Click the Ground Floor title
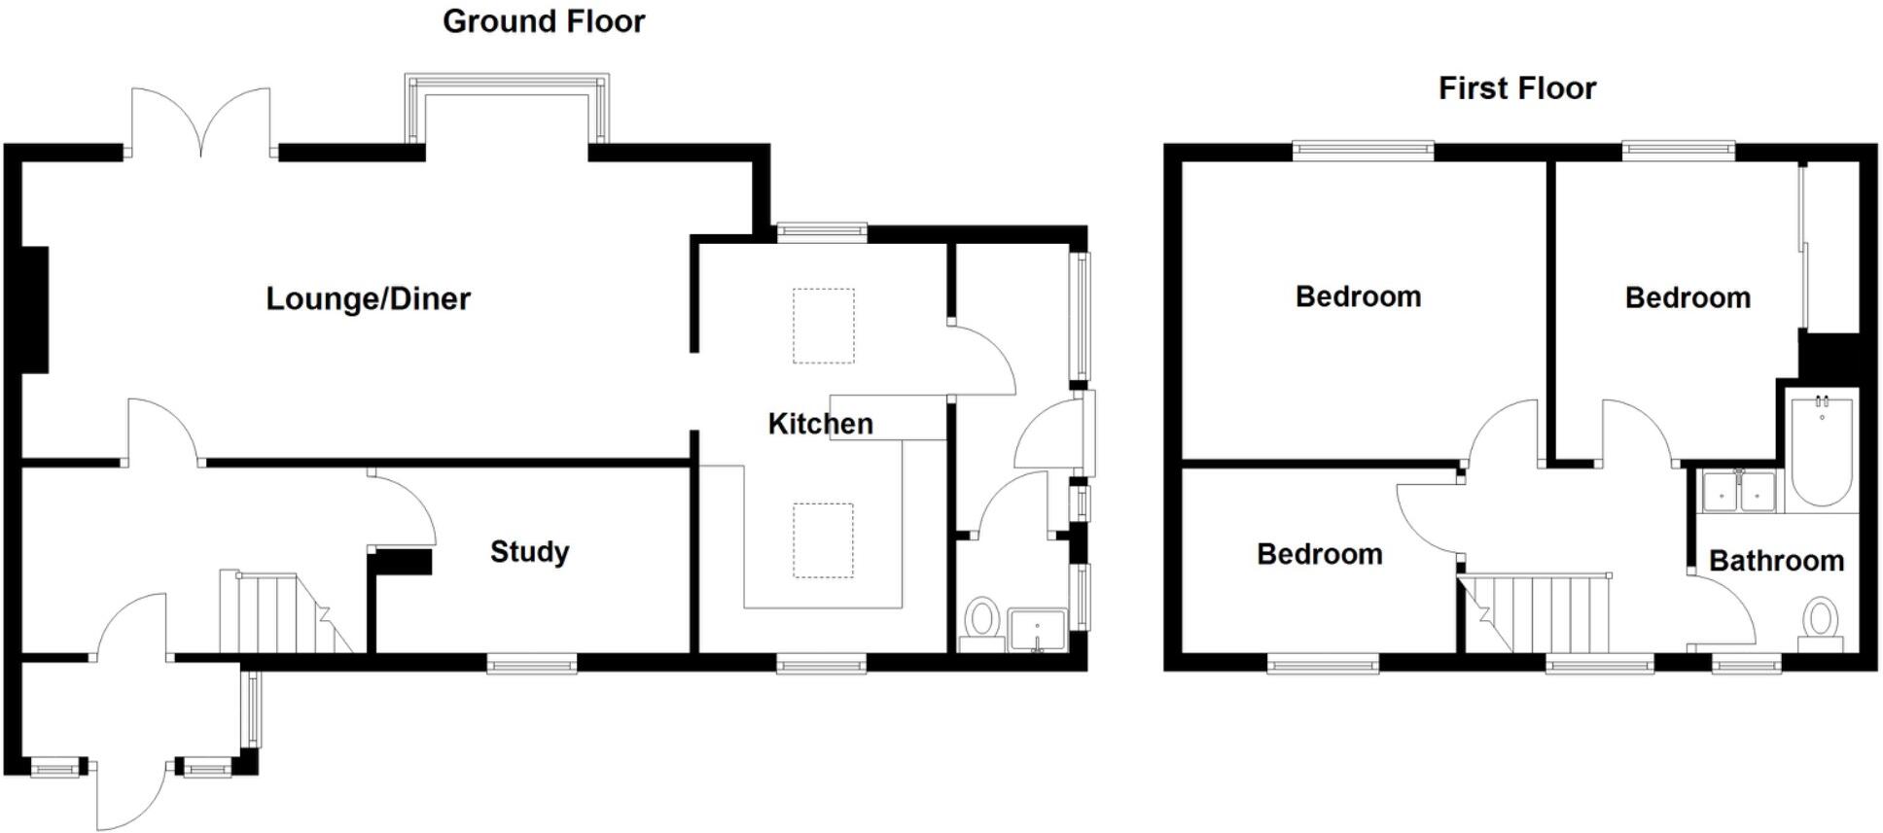click(x=543, y=21)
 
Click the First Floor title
click(x=1516, y=88)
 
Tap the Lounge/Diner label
click(x=368, y=298)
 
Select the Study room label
click(x=529, y=552)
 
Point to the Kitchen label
click(x=820, y=424)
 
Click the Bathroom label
click(x=1776, y=561)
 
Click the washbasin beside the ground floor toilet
click(x=1037, y=629)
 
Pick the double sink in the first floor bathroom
click(x=1739, y=492)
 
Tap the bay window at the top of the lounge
click(x=507, y=107)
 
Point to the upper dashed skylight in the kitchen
click(x=823, y=326)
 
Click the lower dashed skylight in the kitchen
click(x=823, y=540)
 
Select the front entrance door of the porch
click(x=130, y=792)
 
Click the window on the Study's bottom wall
click(x=531, y=665)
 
